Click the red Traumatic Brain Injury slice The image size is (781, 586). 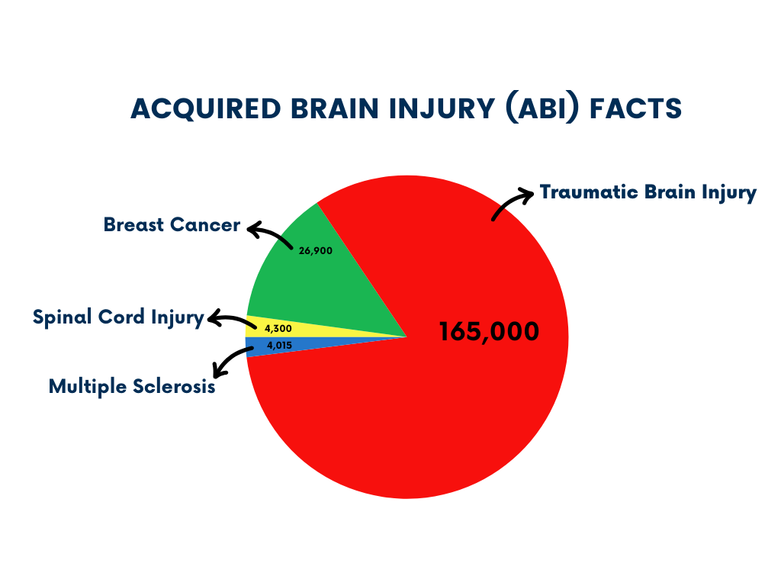(427, 427)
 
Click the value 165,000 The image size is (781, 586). (489, 332)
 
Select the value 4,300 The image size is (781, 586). (278, 328)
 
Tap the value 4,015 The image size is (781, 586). (280, 345)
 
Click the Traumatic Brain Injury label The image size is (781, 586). (648, 192)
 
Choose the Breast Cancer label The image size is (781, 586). (172, 226)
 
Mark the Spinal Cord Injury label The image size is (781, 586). (118, 317)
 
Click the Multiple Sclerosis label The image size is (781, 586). (132, 386)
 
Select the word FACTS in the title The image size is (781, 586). (638, 109)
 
